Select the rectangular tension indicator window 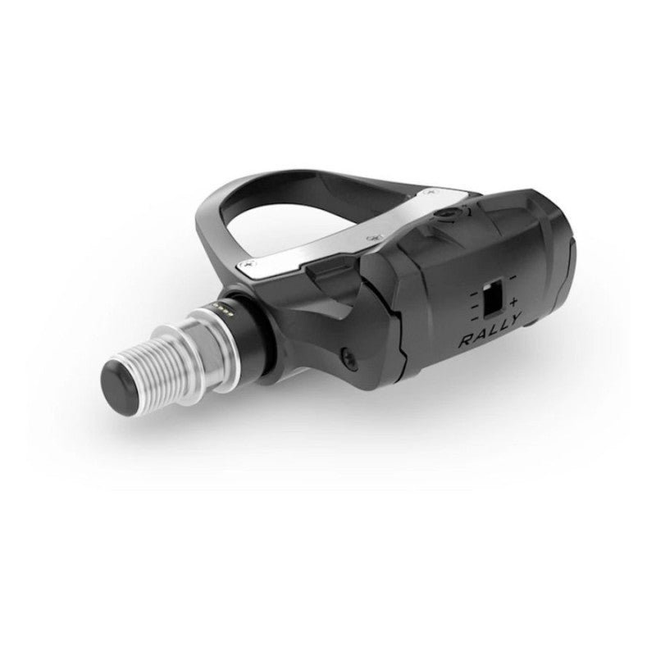coord(492,300)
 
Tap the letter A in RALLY coord(473,337)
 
